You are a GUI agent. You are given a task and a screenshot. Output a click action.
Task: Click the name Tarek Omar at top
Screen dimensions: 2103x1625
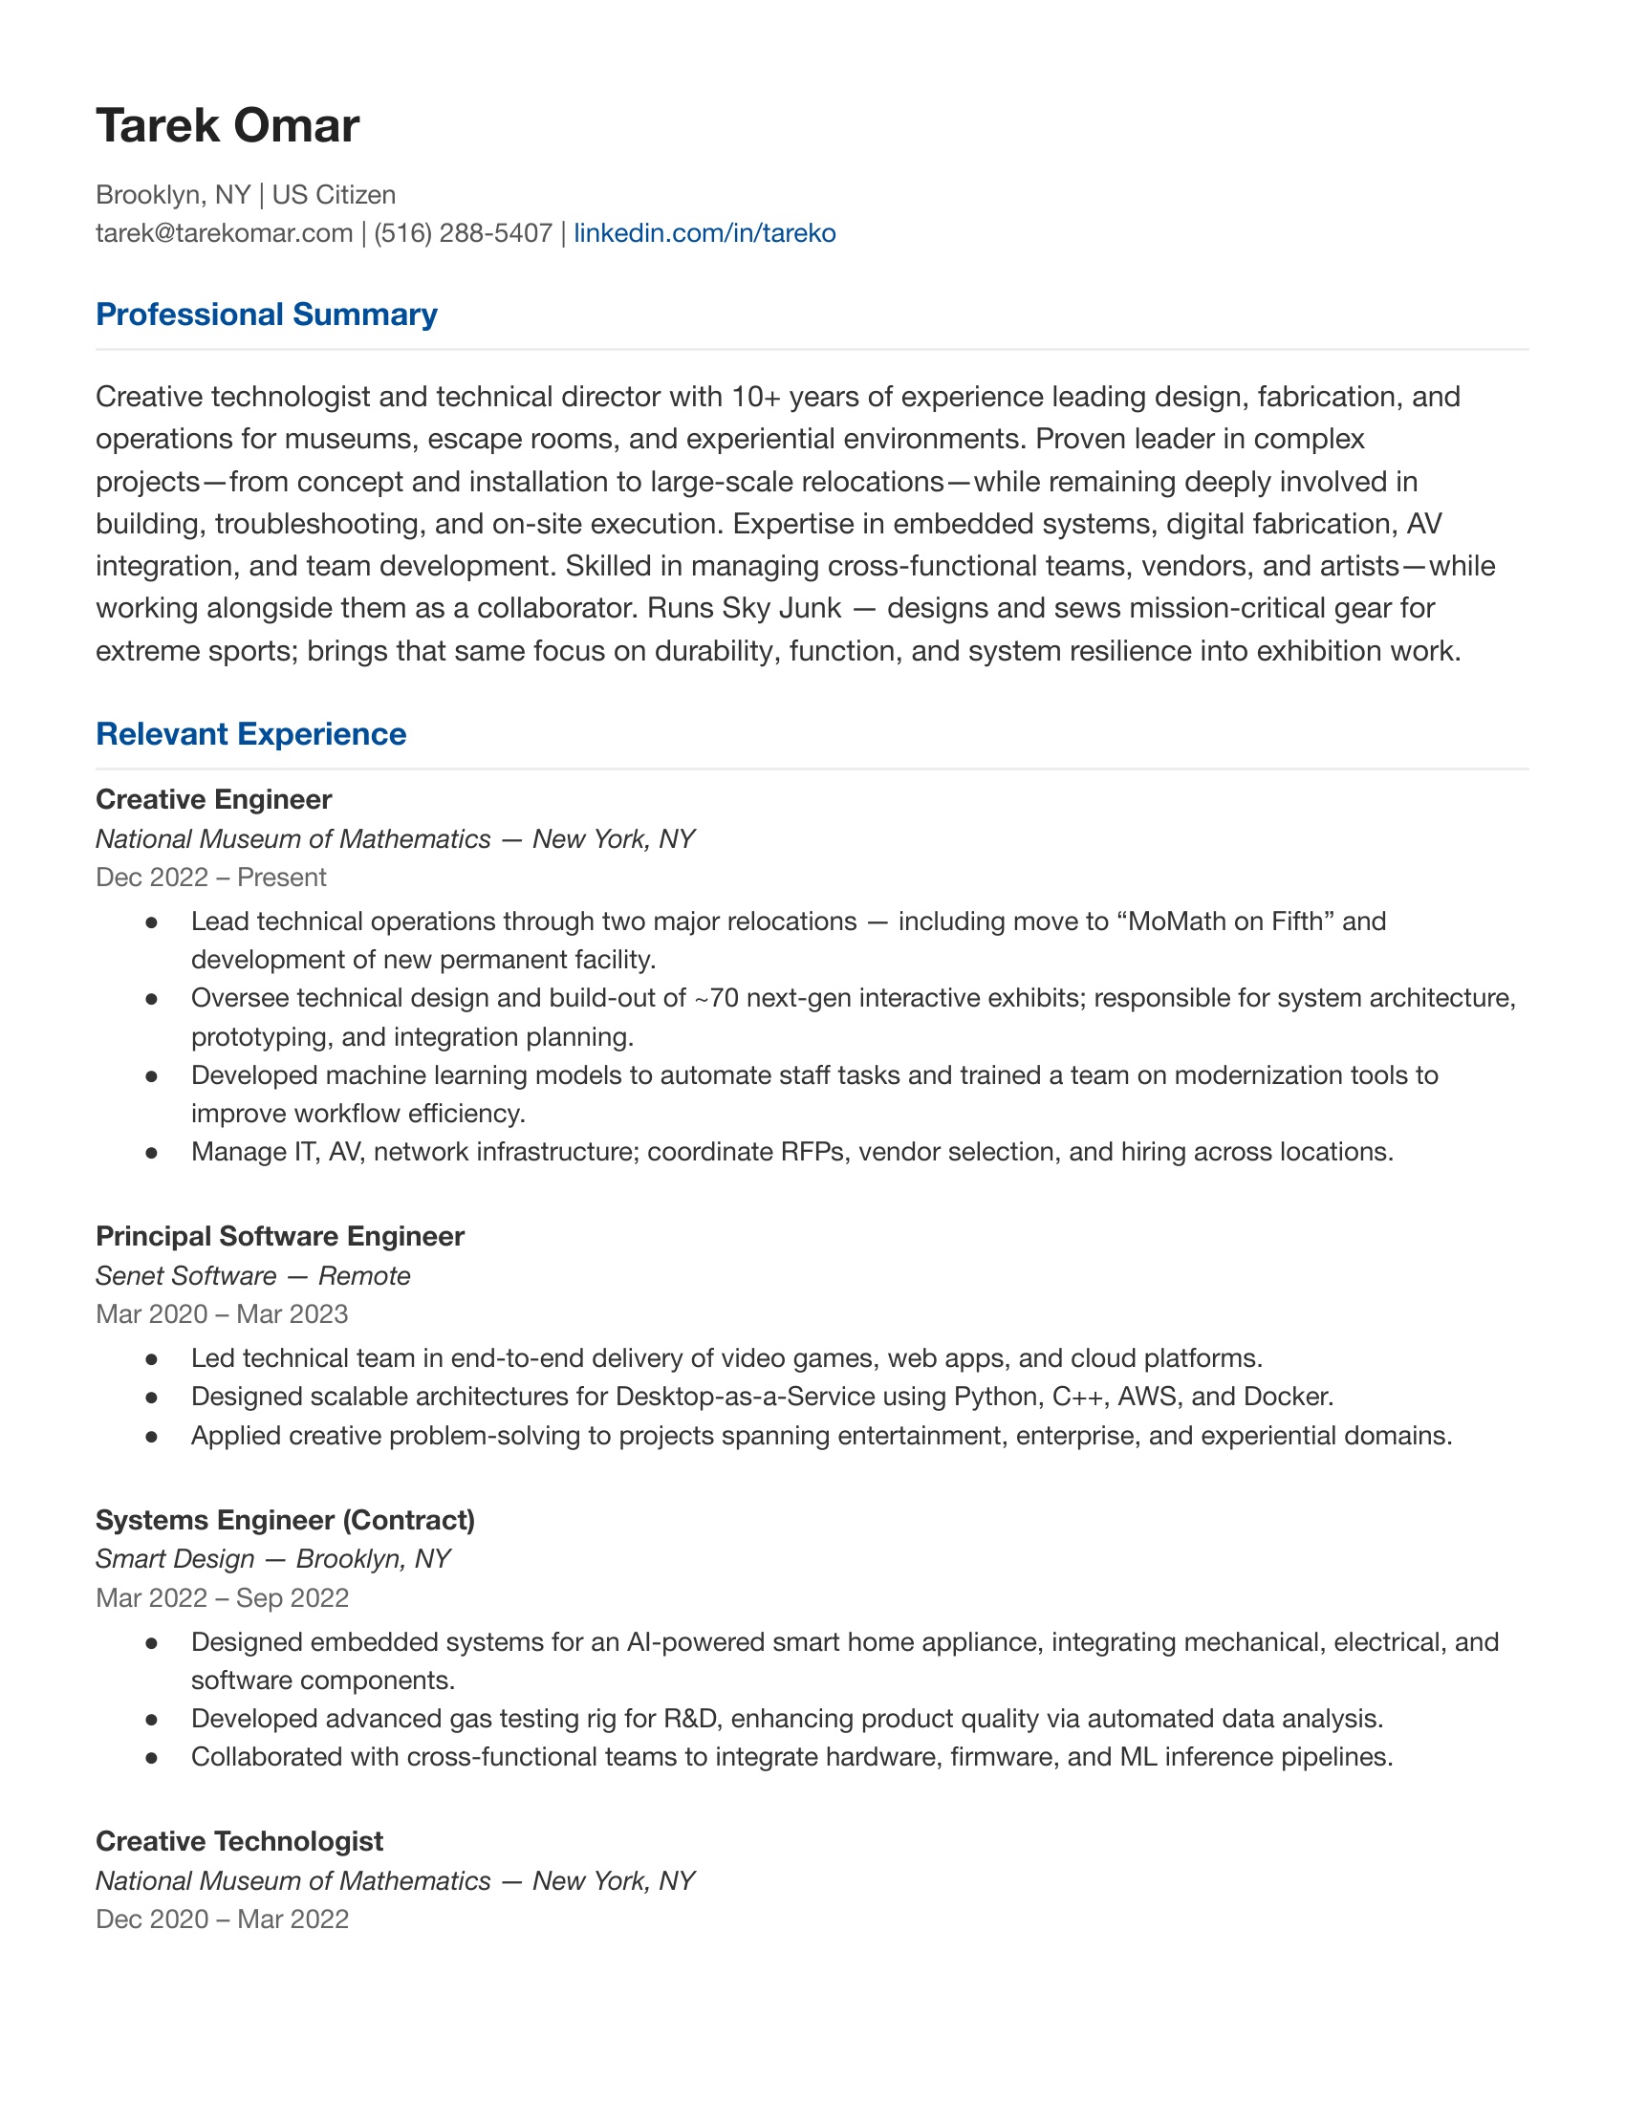(227, 126)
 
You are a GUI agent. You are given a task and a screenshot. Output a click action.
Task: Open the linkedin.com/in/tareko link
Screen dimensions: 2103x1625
(704, 233)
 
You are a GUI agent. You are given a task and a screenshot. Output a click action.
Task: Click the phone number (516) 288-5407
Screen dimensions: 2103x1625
(462, 233)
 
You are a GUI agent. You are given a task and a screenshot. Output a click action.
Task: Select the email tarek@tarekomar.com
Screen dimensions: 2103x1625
(224, 233)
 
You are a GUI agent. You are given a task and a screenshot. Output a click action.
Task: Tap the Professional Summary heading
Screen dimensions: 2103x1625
(267, 314)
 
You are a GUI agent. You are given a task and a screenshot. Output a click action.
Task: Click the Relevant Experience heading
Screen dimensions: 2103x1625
(250, 734)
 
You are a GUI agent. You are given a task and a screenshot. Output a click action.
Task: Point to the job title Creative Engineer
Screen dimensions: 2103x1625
(214, 799)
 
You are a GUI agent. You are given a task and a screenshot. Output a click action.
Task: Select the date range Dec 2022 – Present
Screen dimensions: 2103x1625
(211, 878)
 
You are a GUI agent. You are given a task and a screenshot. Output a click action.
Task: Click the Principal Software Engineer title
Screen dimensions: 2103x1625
(279, 1236)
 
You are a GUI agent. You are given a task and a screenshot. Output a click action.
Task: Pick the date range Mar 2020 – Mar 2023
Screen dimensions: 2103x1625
(222, 1314)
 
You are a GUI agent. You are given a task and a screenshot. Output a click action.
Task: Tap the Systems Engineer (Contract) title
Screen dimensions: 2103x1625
(285, 1520)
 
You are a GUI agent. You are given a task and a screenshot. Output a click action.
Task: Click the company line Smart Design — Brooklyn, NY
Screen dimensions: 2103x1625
(272, 1559)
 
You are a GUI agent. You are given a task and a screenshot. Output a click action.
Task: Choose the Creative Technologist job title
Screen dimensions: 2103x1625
(239, 1841)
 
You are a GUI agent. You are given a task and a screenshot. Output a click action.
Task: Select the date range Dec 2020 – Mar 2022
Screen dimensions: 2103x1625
(222, 1919)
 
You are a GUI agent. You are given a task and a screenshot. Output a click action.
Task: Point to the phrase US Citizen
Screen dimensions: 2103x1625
(333, 194)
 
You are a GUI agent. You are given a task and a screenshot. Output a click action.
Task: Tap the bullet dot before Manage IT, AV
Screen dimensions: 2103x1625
(151, 1153)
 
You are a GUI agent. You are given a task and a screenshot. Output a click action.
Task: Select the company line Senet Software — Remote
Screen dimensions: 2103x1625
(252, 1276)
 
